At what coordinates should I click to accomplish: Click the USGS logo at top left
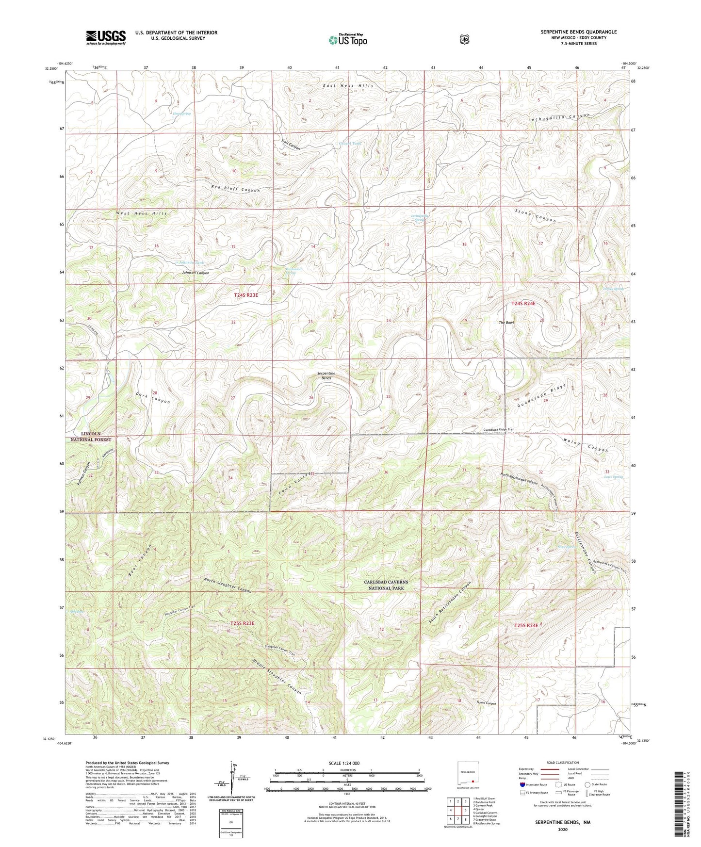point(106,37)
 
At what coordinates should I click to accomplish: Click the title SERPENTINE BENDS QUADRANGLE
point(578,32)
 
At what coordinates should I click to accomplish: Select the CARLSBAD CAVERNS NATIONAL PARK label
point(386,585)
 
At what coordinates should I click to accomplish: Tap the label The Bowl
point(506,323)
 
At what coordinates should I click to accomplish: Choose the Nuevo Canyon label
point(487,703)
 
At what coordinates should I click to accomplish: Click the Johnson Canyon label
point(196,273)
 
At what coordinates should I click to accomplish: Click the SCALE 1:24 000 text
point(344,763)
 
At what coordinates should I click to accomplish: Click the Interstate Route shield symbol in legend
point(522,784)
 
